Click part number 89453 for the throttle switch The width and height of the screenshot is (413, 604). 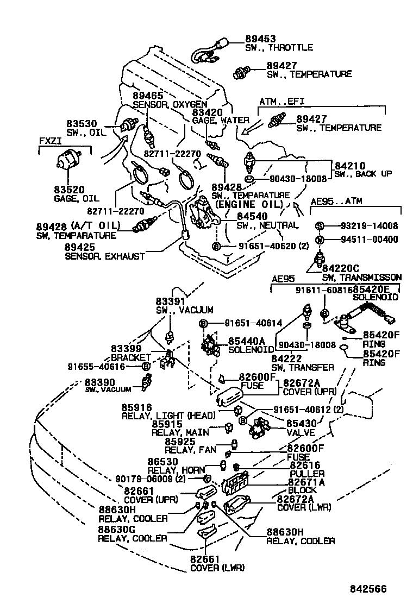tap(260, 39)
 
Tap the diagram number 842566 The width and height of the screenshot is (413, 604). tap(368, 589)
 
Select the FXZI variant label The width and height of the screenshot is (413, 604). tap(50, 141)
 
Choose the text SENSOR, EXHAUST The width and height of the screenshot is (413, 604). tap(105, 256)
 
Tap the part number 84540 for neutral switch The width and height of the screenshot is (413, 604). tap(252, 217)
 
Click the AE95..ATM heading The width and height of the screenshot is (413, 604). tap(336, 201)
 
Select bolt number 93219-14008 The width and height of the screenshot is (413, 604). tap(369, 226)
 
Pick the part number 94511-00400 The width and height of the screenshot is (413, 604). tap(369, 239)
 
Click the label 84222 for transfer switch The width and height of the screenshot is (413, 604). tap(286, 358)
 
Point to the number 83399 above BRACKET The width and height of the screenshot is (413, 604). tap(126, 349)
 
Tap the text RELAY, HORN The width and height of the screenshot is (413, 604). tap(177, 470)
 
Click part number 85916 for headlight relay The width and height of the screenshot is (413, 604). tap(137, 407)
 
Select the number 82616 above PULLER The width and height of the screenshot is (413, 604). tap(305, 465)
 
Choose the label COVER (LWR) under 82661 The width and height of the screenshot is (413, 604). tap(217, 568)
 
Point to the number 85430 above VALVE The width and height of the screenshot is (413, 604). tap(301, 424)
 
